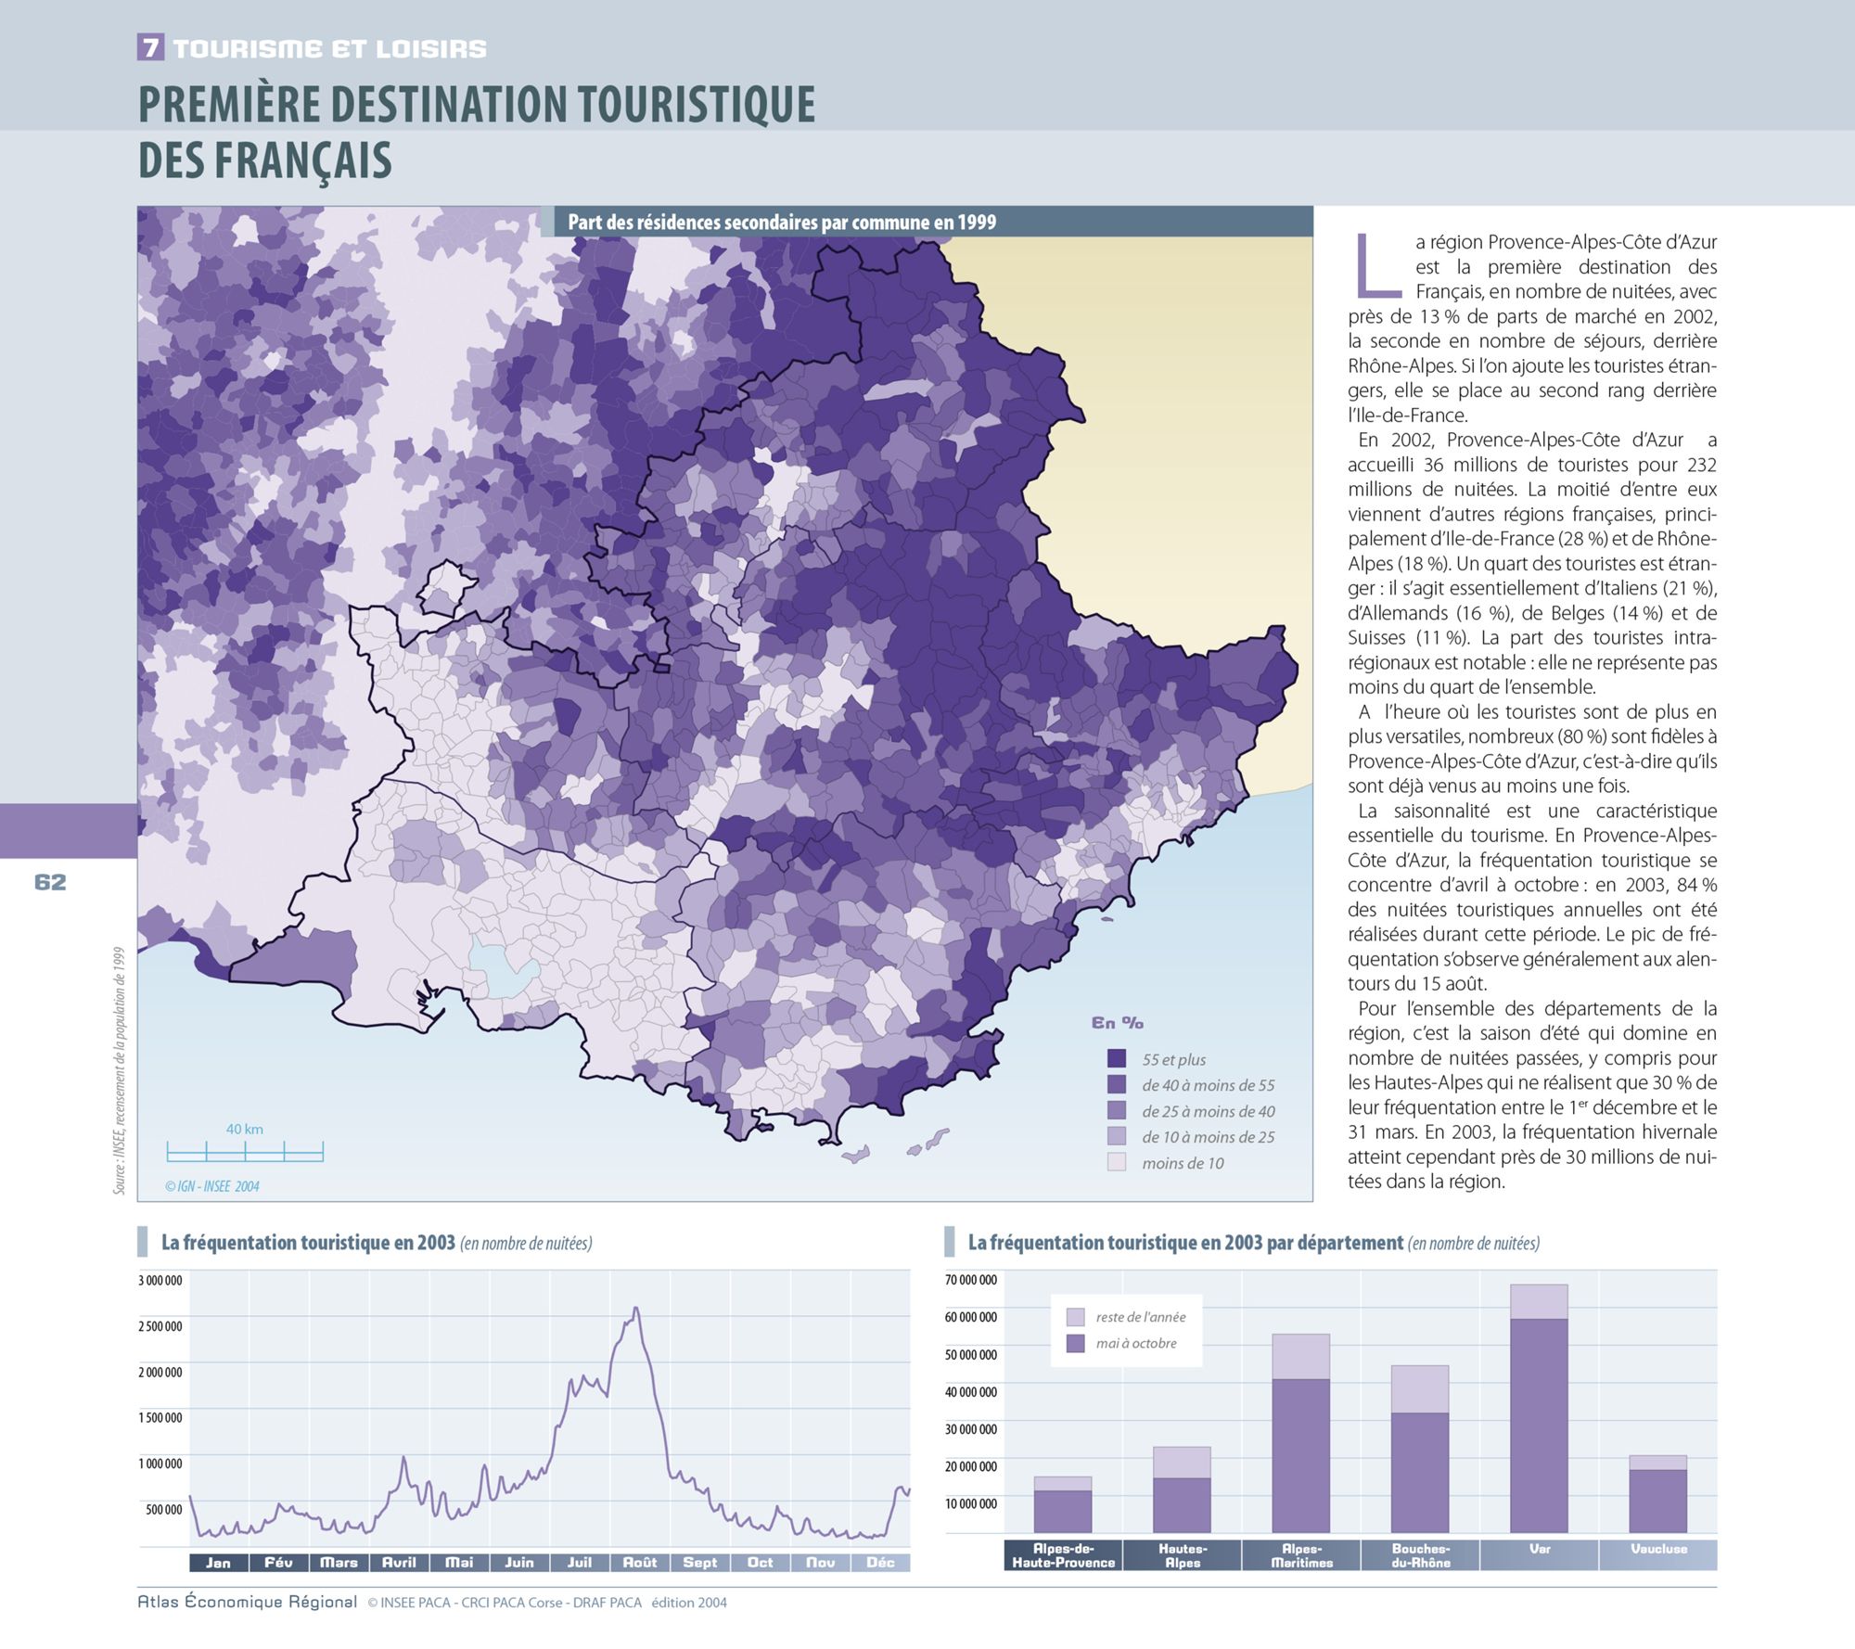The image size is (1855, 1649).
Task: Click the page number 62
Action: point(50,882)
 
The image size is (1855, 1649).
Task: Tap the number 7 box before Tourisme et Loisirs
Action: point(150,47)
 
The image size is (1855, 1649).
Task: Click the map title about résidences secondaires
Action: point(782,223)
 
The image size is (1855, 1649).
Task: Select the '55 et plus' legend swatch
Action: point(1117,1058)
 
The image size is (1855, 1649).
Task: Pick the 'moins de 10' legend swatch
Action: point(1117,1162)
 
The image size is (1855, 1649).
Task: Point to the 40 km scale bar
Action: point(245,1152)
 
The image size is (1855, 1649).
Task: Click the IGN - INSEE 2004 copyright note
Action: point(212,1186)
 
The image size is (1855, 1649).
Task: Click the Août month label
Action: point(640,1563)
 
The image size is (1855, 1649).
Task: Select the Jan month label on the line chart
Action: point(218,1563)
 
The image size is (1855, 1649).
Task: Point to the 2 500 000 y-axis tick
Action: point(160,1326)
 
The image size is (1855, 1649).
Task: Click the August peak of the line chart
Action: point(635,1309)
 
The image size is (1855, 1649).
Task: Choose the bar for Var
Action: point(1539,1409)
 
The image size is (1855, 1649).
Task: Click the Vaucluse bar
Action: point(1657,1494)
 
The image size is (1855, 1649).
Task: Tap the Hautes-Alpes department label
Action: point(1183,1555)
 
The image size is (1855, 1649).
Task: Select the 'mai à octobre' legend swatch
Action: point(1076,1343)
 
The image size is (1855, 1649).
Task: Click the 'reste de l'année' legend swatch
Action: point(1076,1317)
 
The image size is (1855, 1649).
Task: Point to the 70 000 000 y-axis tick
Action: point(971,1280)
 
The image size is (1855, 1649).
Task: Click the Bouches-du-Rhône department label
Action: point(1421,1555)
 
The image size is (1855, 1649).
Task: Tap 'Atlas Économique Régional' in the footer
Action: point(247,1602)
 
